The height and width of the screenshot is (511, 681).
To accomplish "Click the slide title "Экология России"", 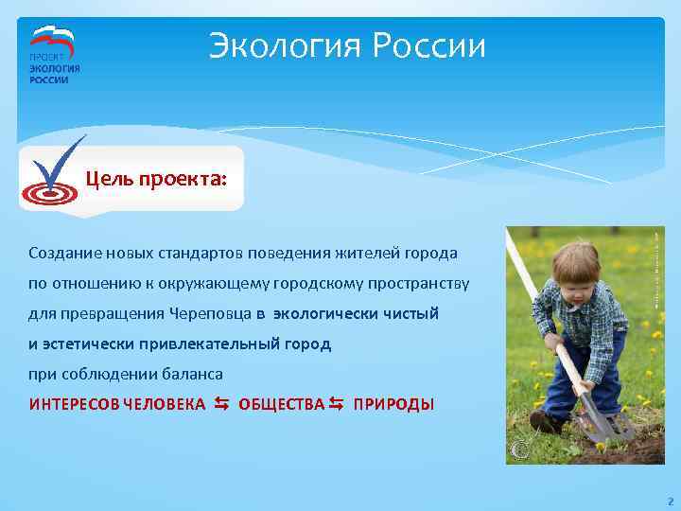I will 347,45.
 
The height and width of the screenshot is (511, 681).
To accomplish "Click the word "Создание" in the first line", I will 61,254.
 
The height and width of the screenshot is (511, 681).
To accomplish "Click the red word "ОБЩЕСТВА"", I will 281,405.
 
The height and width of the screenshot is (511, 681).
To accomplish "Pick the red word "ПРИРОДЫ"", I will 393,405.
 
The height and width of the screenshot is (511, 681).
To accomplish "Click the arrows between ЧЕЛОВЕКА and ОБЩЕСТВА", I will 221,404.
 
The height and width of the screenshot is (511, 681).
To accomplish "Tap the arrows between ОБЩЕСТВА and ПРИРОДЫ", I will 337,404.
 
